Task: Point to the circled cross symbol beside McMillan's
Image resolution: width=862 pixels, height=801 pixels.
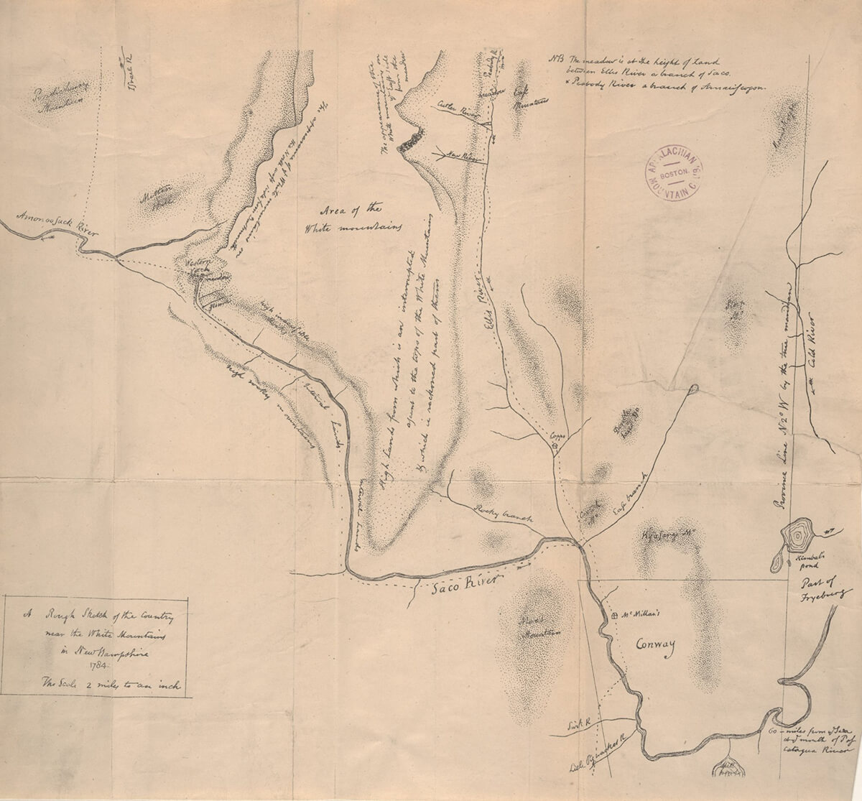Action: tap(614, 616)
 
